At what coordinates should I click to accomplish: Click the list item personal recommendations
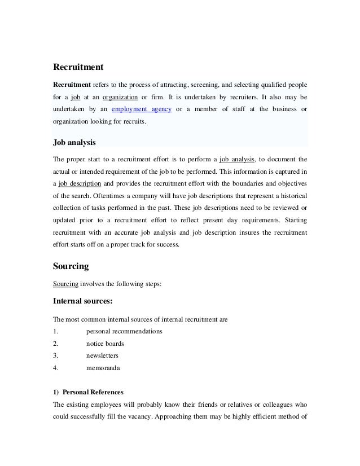(124, 331)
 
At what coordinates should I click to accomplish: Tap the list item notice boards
(105, 343)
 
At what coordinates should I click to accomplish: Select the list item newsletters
(102, 355)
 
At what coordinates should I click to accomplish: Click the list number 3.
(54, 355)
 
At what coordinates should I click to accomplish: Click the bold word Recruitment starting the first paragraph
(72, 83)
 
